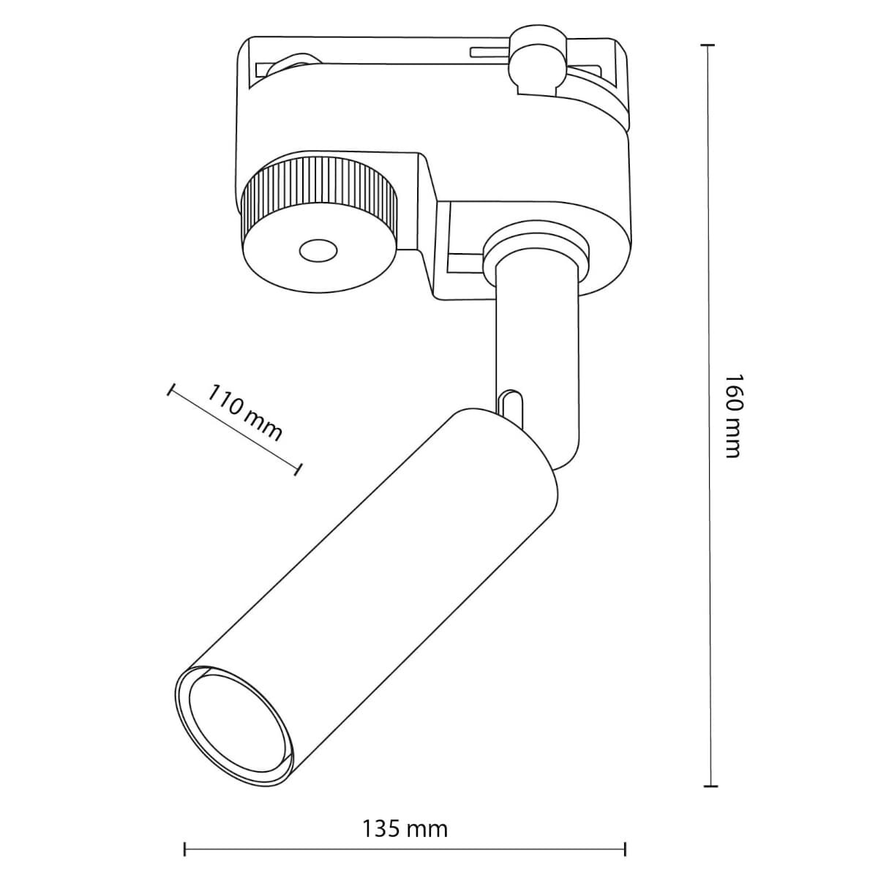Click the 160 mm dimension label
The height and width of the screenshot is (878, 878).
[733, 416]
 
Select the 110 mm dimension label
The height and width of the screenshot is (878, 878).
[244, 412]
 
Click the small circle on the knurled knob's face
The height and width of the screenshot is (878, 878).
[316, 251]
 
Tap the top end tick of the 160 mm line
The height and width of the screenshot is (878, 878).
[707, 45]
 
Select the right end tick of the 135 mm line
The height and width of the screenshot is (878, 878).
[626, 849]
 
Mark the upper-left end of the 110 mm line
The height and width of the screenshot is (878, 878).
[171, 390]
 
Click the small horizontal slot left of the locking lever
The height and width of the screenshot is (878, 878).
[492, 52]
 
